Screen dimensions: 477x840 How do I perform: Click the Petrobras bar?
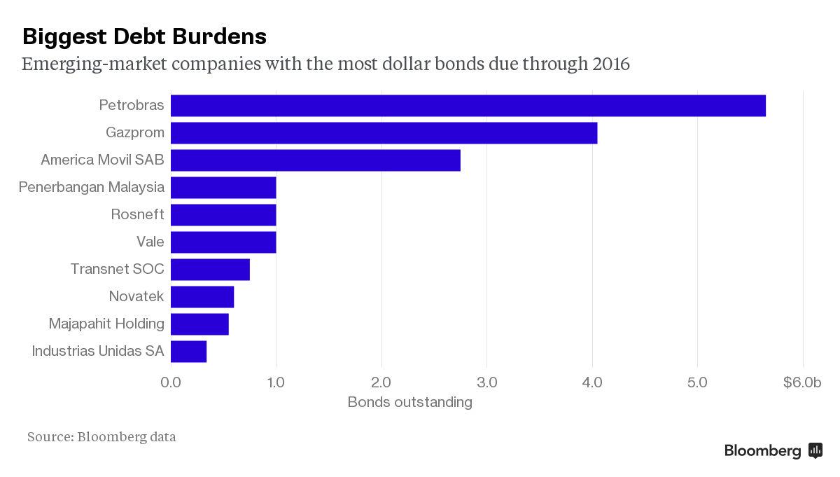click(x=468, y=106)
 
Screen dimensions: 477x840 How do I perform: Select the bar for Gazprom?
click(x=384, y=133)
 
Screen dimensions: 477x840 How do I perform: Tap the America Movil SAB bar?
click(x=315, y=160)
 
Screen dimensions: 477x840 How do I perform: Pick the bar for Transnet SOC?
click(x=210, y=270)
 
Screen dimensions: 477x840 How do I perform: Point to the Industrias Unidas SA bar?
click(x=188, y=352)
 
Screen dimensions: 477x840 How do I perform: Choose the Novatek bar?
click(x=202, y=297)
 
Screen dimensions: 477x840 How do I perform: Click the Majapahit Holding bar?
click(x=199, y=324)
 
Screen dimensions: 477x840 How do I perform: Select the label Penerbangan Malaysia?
click(x=92, y=187)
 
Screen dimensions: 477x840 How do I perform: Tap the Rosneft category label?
click(x=137, y=214)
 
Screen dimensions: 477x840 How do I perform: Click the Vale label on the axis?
click(x=150, y=242)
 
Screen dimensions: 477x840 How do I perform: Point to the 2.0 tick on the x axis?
click(x=381, y=382)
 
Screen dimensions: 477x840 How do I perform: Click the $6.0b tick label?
click(x=801, y=382)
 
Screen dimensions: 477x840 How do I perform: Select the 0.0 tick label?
click(x=171, y=382)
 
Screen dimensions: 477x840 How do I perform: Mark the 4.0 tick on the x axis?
click(x=593, y=382)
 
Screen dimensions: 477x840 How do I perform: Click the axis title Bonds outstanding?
click(x=409, y=402)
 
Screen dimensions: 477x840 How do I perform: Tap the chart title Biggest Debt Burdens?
click(x=144, y=36)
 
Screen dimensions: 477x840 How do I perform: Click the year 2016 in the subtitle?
click(x=611, y=64)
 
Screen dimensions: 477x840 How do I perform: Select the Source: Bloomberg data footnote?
click(x=101, y=437)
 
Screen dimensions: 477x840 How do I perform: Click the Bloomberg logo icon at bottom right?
click(x=815, y=450)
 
